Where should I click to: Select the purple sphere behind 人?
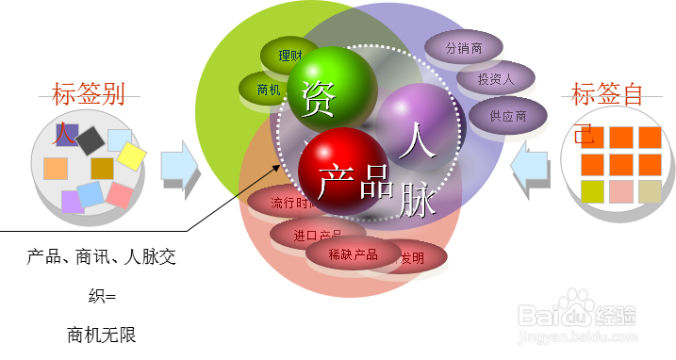(x=416, y=121)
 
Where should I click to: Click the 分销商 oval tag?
(x=464, y=48)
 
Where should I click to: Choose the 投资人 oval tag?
(x=495, y=79)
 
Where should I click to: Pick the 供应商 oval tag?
(x=508, y=116)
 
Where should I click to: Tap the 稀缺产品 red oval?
(x=353, y=254)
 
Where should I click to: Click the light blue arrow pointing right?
(x=179, y=167)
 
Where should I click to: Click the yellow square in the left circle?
(x=131, y=156)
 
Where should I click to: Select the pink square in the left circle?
(x=120, y=195)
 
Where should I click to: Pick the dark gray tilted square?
(x=90, y=141)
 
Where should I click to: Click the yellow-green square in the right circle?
(x=592, y=191)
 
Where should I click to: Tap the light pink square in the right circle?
(x=621, y=191)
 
